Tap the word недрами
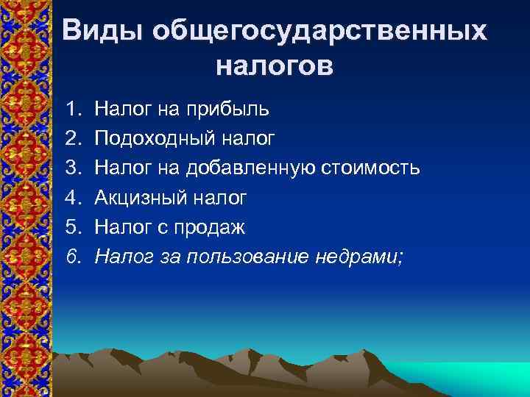(361, 257)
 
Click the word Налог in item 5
(121, 227)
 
